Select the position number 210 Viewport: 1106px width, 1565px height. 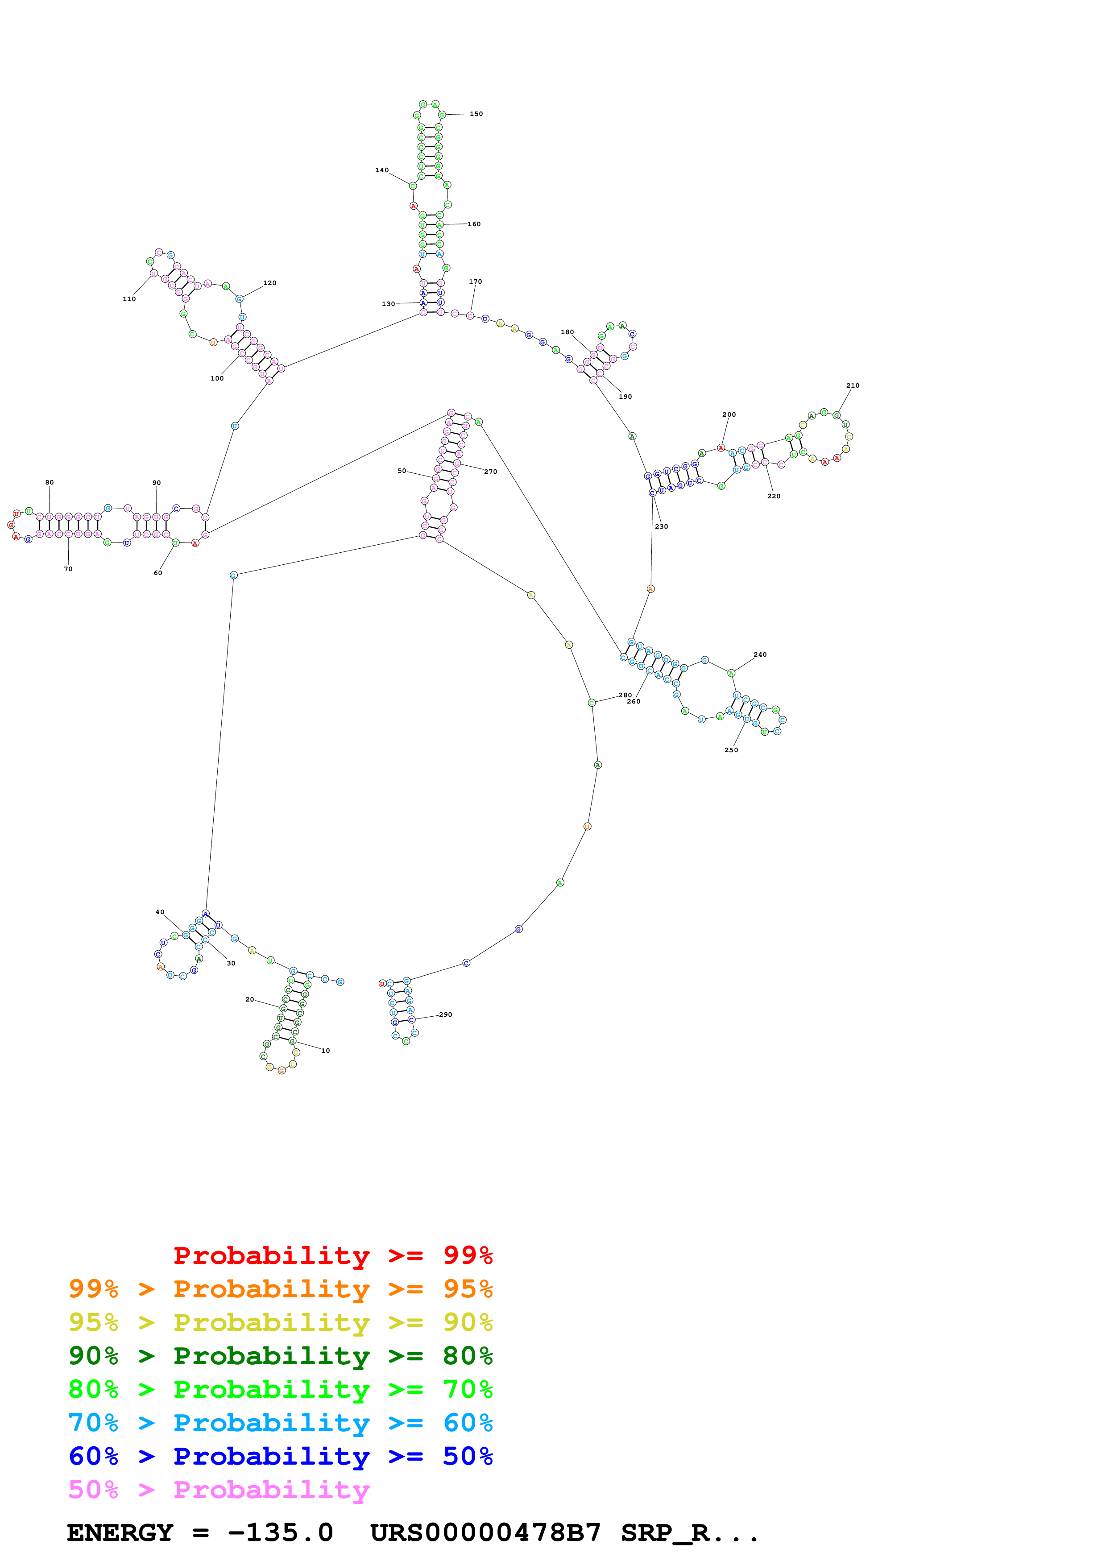pyautogui.click(x=853, y=386)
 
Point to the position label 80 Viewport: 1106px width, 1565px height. pyautogui.click(x=49, y=483)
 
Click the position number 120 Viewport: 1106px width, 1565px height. pyautogui.click(x=270, y=283)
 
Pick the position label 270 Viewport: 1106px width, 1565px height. pyautogui.click(x=491, y=472)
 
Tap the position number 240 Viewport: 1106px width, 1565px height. pyautogui.click(x=760, y=655)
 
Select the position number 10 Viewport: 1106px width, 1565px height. pyautogui.click(x=326, y=1051)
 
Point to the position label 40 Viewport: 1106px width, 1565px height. pyautogui.click(x=159, y=912)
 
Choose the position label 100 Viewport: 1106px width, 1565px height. pyautogui.click(x=217, y=378)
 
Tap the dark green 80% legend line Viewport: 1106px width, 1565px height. pyautogui.click(x=280, y=1356)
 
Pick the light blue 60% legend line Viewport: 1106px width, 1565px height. pyautogui.click(x=280, y=1423)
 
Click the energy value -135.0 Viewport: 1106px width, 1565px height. pyautogui.click(x=280, y=1533)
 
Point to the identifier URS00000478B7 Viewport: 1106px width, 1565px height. pyautogui.click(x=485, y=1533)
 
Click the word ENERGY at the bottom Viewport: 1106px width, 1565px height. pyautogui.click(x=120, y=1533)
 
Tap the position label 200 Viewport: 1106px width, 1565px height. pyautogui.click(x=729, y=414)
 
